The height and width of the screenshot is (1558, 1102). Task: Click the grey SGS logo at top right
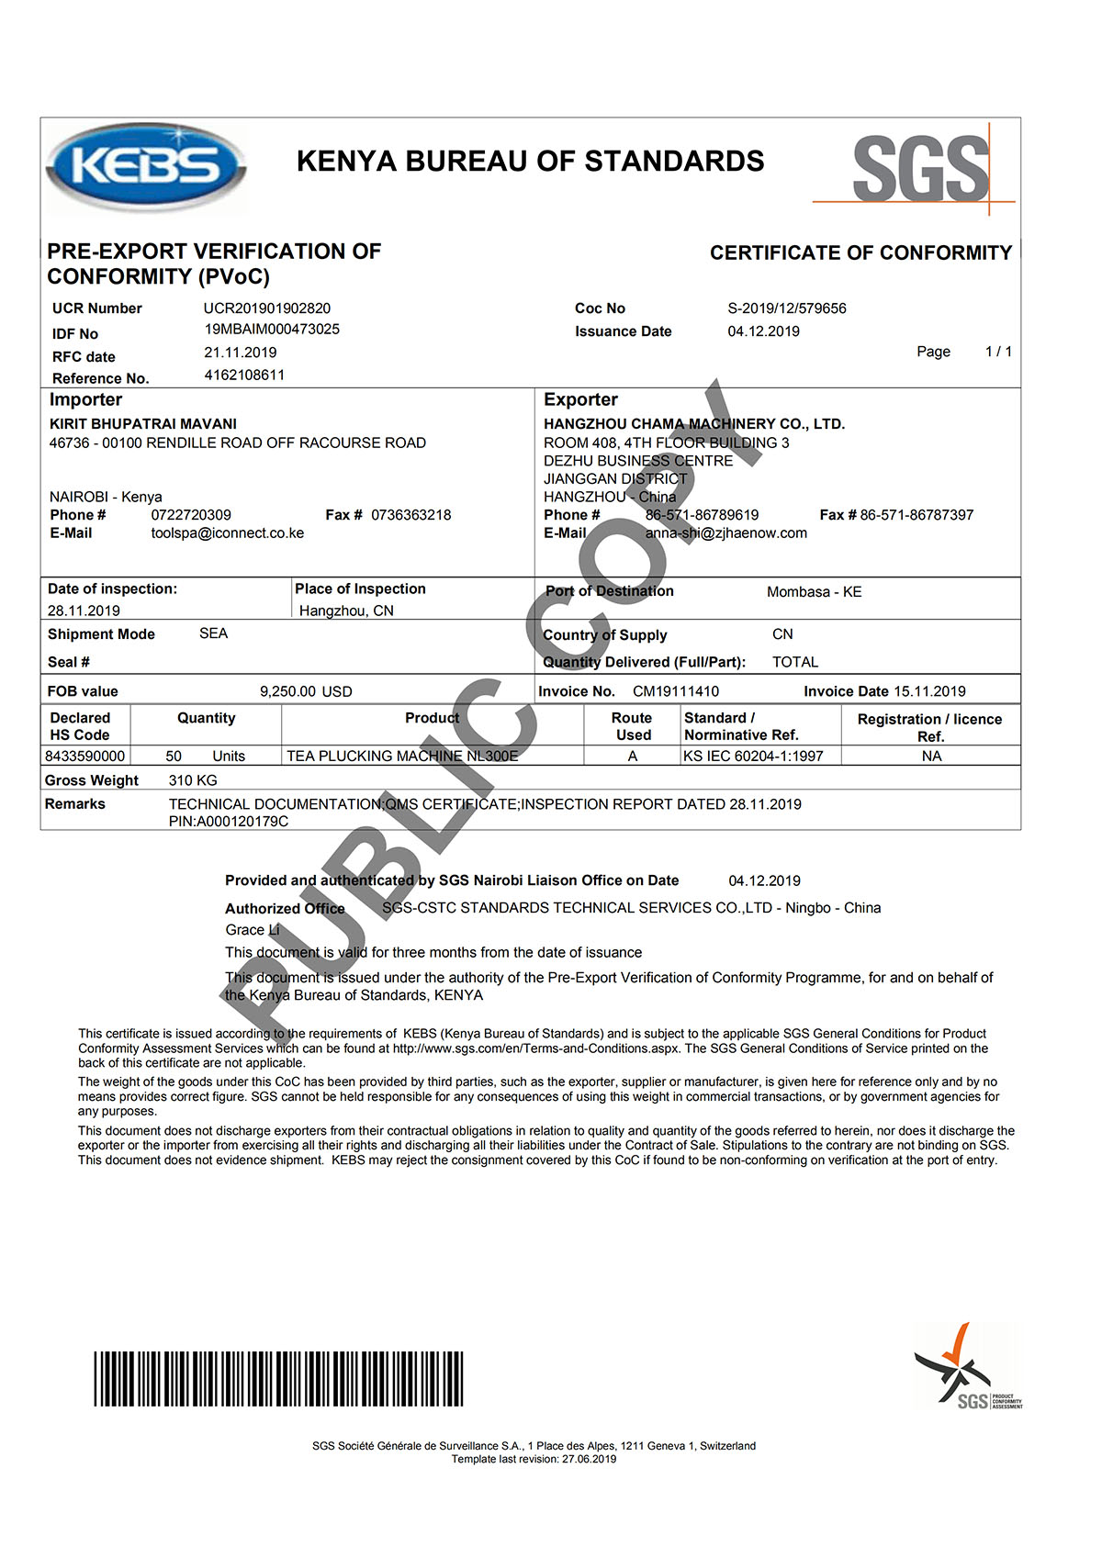920,169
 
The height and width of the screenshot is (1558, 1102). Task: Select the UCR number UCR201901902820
266,308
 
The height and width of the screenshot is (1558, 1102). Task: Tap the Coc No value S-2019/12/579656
786,308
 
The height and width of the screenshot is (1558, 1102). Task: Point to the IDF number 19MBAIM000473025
272,329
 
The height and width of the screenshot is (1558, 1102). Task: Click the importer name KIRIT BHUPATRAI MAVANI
143,424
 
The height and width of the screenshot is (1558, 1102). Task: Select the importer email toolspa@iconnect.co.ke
227,533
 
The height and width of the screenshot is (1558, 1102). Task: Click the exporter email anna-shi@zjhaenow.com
725,533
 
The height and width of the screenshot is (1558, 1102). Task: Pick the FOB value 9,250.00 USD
306,691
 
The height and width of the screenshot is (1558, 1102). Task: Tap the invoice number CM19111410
676,691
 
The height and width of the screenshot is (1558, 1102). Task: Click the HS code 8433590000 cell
85,757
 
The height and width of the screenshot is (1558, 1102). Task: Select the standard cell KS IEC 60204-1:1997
753,757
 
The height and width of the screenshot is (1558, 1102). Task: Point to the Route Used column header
632,726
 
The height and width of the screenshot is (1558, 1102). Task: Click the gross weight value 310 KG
193,780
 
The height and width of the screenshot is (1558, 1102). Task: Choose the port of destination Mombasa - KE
814,592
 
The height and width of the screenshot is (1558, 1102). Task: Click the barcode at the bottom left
278,1378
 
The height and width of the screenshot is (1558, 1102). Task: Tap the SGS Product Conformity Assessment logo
967,1367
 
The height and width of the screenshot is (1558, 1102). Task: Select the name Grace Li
253,930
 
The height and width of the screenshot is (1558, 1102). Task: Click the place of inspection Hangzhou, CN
346,611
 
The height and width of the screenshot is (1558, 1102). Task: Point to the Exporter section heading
580,400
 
